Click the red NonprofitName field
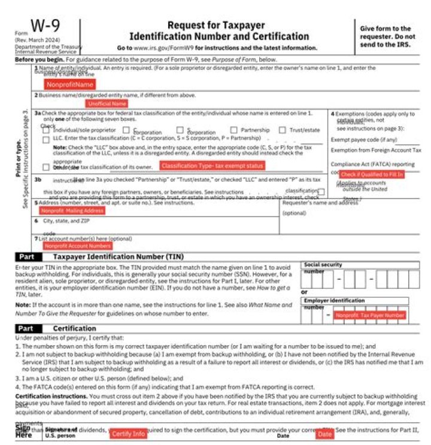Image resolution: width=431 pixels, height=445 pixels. (x=70, y=84)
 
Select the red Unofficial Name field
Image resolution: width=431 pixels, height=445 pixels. (x=107, y=103)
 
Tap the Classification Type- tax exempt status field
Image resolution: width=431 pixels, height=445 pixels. (x=212, y=166)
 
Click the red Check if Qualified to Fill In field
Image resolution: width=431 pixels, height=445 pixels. (x=372, y=174)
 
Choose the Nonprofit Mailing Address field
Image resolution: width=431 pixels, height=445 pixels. (x=72, y=211)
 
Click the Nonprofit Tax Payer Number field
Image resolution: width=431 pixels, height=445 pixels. (x=370, y=315)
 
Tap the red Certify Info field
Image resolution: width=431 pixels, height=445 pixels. (x=128, y=433)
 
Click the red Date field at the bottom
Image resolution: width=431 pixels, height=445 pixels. (x=324, y=434)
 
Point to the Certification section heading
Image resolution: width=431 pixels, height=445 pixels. (x=74, y=328)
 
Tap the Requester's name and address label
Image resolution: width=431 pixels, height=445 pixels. (x=320, y=203)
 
